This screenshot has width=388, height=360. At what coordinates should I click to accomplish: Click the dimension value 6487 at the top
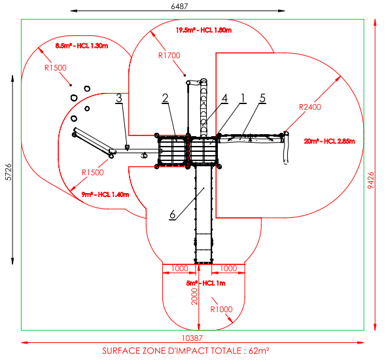(x=179, y=6)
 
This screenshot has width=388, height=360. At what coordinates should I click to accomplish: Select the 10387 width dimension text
(x=192, y=338)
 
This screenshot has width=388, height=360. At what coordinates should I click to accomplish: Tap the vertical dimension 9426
(x=371, y=181)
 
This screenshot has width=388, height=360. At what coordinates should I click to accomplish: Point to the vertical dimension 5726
(x=9, y=172)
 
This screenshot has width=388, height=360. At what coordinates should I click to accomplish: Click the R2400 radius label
(x=309, y=107)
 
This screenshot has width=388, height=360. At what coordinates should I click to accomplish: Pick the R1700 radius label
(x=169, y=56)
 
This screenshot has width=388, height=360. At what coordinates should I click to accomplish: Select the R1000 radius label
(x=221, y=309)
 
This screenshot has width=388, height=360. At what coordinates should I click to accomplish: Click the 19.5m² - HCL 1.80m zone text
(x=203, y=30)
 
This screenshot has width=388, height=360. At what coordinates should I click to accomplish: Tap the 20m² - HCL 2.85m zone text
(x=329, y=141)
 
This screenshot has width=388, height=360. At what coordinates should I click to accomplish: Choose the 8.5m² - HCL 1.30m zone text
(x=82, y=46)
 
